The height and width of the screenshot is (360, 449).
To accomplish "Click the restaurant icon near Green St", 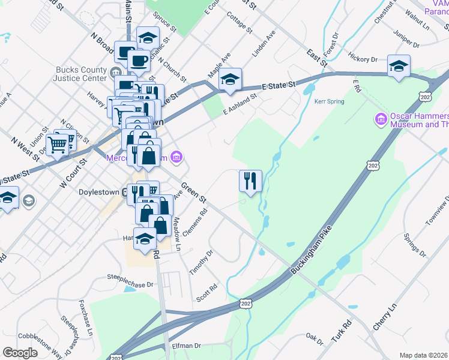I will point(250,181).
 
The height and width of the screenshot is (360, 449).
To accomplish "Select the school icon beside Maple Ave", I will point(229,79).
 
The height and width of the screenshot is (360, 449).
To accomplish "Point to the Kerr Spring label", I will point(330,101).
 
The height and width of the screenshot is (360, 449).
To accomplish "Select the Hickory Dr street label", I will point(366,60).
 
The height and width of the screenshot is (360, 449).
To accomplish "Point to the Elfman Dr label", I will point(187,346).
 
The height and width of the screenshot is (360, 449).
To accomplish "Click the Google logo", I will point(20,353).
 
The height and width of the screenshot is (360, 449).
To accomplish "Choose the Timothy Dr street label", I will point(201,262).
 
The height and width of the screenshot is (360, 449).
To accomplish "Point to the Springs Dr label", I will point(414,242).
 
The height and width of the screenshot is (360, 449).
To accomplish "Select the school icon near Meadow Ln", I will point(145,239).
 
